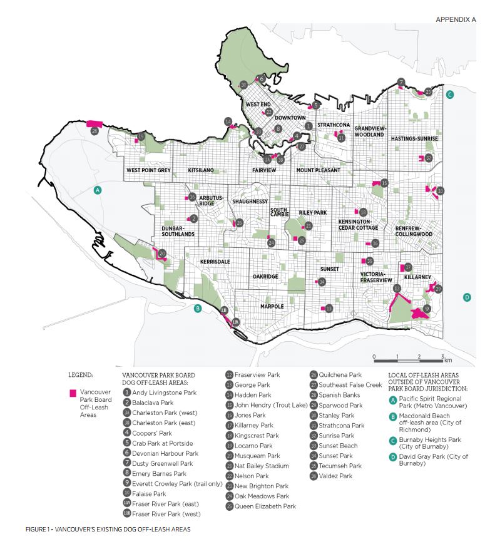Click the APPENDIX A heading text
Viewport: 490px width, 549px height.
click(x=456, y=20)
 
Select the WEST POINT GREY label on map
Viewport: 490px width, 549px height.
click(x=148, y=170)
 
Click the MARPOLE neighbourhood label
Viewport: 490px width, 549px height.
click(x=272, y=306)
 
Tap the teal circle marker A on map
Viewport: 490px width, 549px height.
click(x=97, y=190)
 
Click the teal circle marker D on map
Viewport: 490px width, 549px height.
click(x=466, y=297)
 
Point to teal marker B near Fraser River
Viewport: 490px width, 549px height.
click(x=198, y=307)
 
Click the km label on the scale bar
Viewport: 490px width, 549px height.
click(x=448, y=361)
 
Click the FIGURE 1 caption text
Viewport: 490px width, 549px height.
click(x=108, y=530)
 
